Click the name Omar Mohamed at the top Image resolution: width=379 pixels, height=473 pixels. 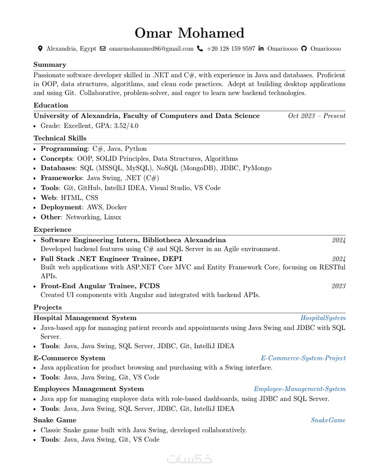pyautogui.click(x=189, y=33)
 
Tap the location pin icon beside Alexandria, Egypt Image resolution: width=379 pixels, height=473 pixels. pyautogui.click(x=40, y=49)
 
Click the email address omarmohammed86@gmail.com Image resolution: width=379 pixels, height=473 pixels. pyautogui.click(x=151, y=49)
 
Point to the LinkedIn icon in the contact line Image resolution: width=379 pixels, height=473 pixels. pyautogui.click(x=261, y=49)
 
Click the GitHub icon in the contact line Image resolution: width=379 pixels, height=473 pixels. pyautogui.click(x=304, y=49)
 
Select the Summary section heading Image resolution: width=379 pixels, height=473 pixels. pyautogui.click(x=50, y=65)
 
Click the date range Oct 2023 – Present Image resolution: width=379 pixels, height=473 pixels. pyautogui.click(x=316, y=116)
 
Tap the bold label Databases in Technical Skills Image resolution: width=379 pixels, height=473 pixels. pyautogui.click(x=58, y=168)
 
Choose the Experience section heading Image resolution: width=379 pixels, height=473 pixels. pyautogui.click(x=52, y=230)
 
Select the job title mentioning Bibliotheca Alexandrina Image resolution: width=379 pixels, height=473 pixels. pyautogui.click(x=133, y=240)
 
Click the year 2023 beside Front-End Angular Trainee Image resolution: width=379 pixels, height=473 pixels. pyautogui.click(x=338, y=286)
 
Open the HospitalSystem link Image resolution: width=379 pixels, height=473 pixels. pyautogui.click(x=323, y=318)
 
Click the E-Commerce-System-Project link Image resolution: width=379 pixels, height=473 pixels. pyautogui.click(x=303, y=359)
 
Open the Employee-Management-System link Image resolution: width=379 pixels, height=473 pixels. pyautogui.click(x=299, y=389)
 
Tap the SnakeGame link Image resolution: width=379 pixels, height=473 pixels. pyautogui.click(x=328, y=420)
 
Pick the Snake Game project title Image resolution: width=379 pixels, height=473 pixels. pyautogui.click(x=54, y=420)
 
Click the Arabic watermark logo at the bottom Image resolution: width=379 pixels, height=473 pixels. pyautogui.click(x=189, y=459)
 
